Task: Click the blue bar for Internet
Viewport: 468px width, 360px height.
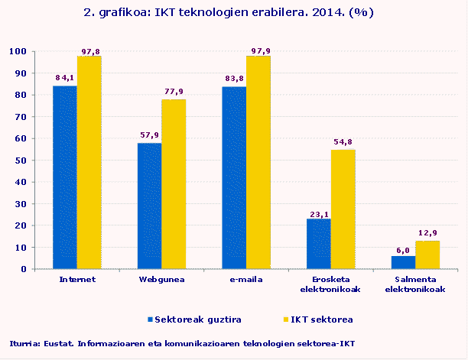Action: pos(64,177)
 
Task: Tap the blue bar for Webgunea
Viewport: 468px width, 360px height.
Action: pos(149,206)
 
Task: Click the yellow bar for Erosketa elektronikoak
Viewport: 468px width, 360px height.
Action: pos(343,209)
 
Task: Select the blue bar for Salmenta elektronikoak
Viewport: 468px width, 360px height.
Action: pos(402,262)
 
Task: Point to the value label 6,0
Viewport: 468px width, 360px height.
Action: pos(402,250)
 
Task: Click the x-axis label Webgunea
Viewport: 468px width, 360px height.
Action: pos(161,280)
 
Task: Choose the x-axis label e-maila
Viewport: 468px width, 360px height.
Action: pos(245,280)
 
